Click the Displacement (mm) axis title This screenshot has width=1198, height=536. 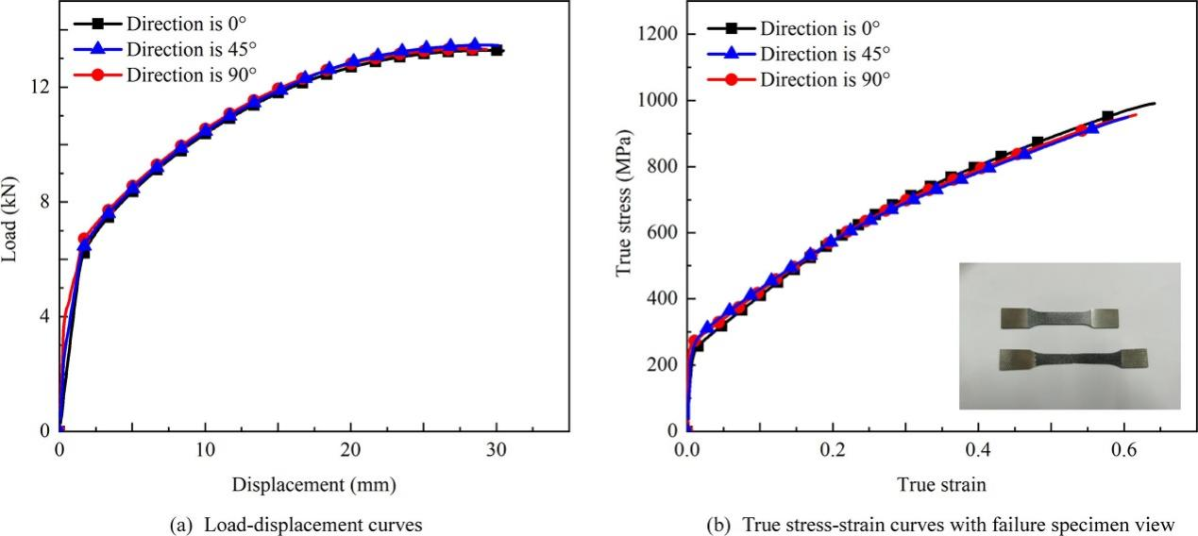[x=313, y=485]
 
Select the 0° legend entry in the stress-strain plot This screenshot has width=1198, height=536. [x=824, y=28]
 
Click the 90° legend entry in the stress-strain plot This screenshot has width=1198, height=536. [x=824, y=79]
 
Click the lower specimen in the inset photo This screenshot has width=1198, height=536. [x=1072, y=359]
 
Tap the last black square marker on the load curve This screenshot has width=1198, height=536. [x=497, y=50]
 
